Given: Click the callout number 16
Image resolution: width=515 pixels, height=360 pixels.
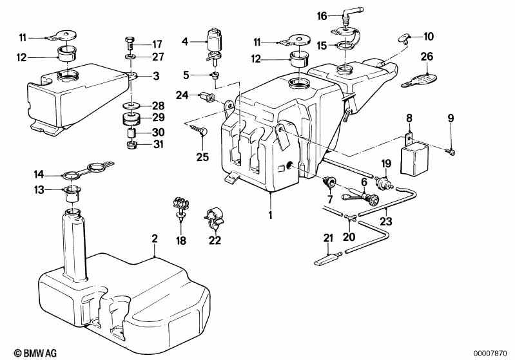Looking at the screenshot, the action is (322, 15).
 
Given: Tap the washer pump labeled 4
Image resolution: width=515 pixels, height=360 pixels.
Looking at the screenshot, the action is (213, 45).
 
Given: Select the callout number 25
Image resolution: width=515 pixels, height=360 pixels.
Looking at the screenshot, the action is (202, 157).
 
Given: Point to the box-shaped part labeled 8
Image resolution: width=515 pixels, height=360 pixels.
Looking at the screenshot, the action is (414, 158).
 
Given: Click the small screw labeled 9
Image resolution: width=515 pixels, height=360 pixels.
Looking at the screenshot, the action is (451, 151).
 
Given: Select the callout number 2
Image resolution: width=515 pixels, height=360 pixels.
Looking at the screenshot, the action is (155, 238).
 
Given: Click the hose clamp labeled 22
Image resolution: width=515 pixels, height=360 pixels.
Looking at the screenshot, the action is (213, 218).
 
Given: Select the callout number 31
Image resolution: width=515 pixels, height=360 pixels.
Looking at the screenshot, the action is (159, 144).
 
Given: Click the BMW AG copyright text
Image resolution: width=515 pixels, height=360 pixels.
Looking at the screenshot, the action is (35, 353).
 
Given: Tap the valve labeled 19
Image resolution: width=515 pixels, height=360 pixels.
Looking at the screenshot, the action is (384, 182).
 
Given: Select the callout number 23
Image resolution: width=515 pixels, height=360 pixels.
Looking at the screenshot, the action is (386, 221).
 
